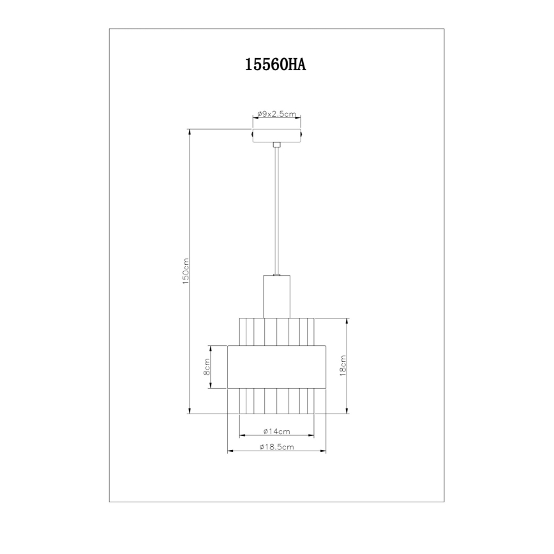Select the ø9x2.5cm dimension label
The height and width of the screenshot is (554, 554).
276,114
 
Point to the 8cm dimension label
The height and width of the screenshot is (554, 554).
207,367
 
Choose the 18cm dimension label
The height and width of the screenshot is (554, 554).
343,366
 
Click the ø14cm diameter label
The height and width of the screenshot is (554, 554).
276,431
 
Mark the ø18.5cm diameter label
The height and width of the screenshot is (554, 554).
276,447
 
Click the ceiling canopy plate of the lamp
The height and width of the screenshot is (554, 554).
276,136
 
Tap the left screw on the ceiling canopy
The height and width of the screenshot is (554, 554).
252,136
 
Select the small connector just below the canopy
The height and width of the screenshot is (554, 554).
276,146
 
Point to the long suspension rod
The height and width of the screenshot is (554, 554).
276,211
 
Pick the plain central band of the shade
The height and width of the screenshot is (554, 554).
276,367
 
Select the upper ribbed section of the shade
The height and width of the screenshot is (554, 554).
276,331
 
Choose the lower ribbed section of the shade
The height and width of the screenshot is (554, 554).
276,401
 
